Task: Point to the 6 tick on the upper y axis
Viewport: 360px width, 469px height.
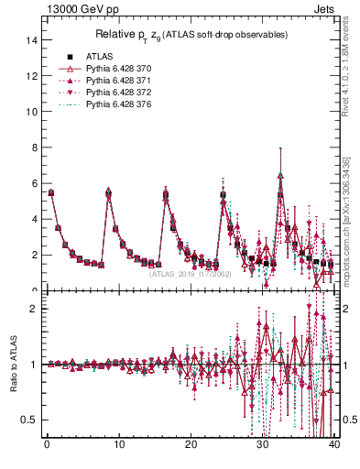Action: coord(34,183)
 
